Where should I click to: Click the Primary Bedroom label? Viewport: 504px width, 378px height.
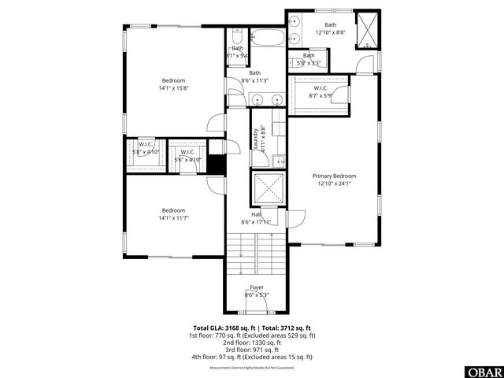pyautogui.click(x=334, y=176)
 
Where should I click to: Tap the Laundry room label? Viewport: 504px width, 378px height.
pyautogui.click(x=255, y=138)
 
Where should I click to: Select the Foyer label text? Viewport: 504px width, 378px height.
pyautogui.click(x=257, y=287)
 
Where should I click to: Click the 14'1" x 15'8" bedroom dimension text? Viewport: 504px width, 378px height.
pyautogui.click(x=173, y=88)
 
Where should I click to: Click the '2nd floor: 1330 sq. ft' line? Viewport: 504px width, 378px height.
pyautogui.click(x=252, y=342)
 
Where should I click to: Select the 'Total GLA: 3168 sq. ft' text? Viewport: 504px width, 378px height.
pyautogui.click(x=224, y=327)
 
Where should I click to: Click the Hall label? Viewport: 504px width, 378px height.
pyautogui.click(x=257, y=214)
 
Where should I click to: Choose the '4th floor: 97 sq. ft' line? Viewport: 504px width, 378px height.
pyautogui.click(x=252, y=357)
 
